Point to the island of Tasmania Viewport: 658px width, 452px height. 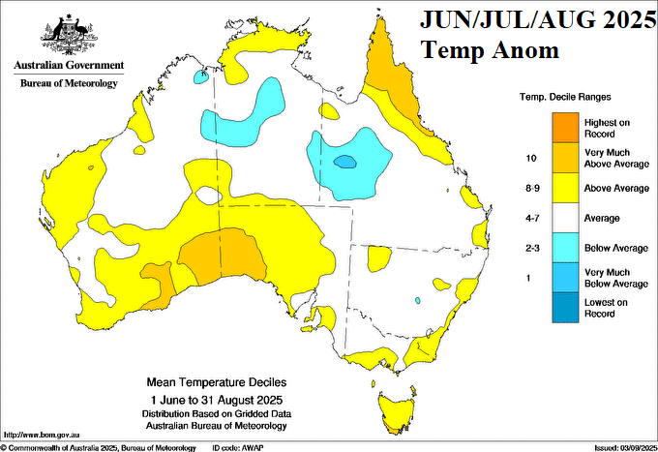pyautogui.click(x=396, y=405)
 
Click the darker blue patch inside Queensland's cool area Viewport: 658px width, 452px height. pyautogui.click(x=344, y=162)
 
